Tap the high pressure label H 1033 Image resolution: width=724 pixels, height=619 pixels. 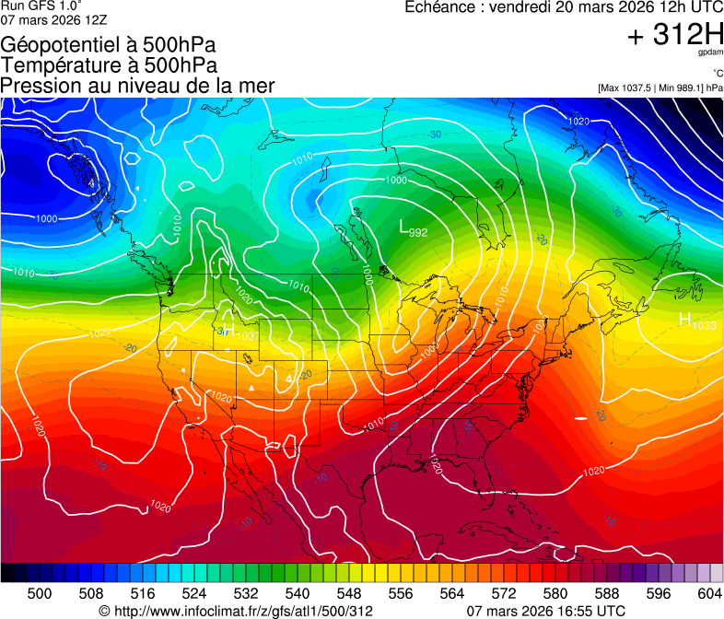(697, 321)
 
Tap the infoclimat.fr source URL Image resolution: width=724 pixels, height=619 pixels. (236, 611)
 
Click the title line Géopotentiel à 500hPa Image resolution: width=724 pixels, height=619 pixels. (108, 45)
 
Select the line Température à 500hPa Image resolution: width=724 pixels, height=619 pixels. (109, 65)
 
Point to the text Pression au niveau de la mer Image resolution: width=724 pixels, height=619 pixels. (138, 86)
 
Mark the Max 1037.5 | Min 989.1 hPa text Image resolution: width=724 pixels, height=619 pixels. (660, 88)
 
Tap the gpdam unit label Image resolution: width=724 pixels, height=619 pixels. (710, 53)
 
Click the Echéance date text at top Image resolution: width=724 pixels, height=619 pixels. (563, 7)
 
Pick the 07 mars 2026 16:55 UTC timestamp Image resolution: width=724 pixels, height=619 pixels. (546, 611)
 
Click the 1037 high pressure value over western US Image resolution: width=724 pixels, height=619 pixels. (246, 336)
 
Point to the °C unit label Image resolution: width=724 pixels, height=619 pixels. (717, 74)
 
